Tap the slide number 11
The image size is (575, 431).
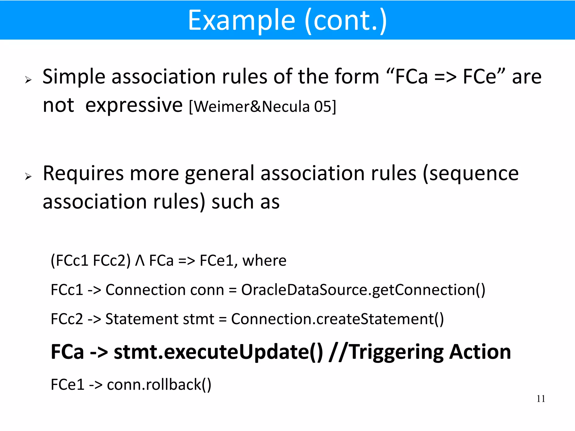point(541,399)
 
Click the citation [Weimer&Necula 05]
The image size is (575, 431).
point(263,107)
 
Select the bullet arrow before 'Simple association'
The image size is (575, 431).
point(28,80)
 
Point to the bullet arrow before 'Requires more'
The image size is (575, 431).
point(28,176)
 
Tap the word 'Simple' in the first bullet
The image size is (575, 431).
point(74,77)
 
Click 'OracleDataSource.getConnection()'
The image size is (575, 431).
point(363,290)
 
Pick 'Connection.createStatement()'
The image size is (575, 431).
point(337,319)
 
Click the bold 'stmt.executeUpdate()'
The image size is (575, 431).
point(218,352)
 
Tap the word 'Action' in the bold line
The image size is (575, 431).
point(480,352)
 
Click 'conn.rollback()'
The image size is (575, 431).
point(159,384)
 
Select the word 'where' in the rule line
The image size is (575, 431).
point(264,261)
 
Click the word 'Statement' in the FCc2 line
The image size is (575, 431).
point(142,319)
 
